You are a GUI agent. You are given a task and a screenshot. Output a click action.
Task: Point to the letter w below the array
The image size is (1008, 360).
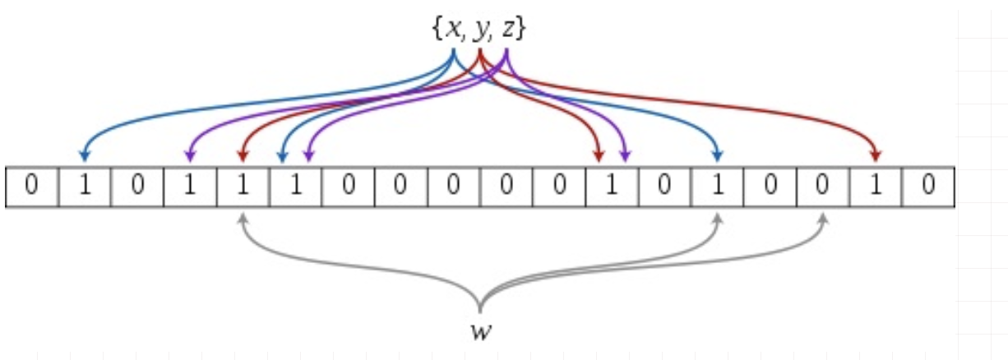(479, 333)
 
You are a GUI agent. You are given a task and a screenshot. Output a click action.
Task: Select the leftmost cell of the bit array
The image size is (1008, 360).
(31, 187)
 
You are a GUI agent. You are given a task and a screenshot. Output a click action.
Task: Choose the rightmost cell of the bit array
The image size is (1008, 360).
(928, 187)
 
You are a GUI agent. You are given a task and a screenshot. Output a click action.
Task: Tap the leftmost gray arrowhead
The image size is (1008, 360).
(243, 219)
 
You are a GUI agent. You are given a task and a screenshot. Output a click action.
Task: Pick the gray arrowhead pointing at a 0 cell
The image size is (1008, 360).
(823, 219)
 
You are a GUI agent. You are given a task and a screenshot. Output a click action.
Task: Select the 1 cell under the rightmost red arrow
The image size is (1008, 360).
(876, 187)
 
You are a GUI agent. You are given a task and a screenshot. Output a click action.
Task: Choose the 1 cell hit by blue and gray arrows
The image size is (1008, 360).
(718, 187)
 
